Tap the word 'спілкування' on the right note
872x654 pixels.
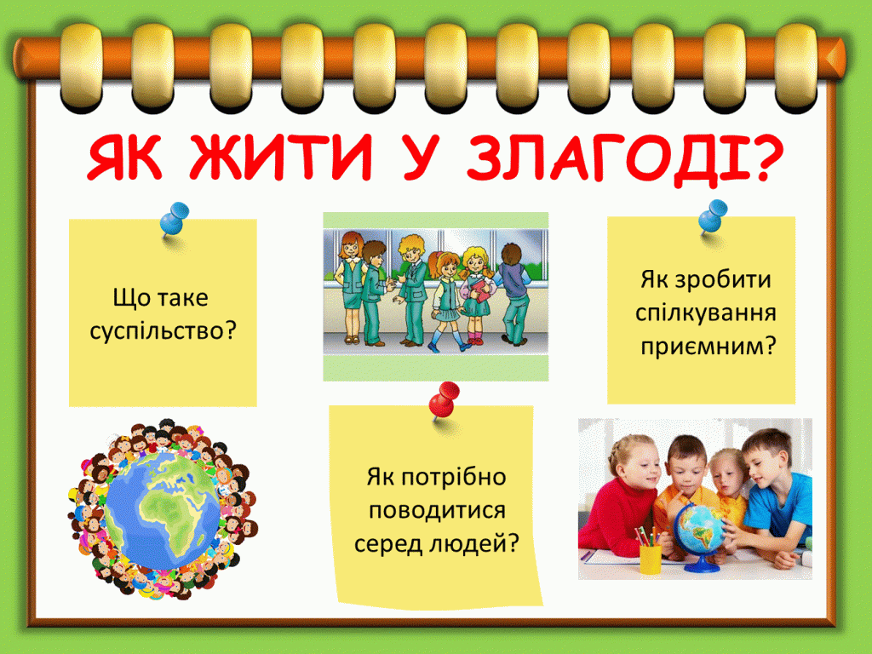coord(706,312)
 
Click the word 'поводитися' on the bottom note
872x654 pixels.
coord(433,510)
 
